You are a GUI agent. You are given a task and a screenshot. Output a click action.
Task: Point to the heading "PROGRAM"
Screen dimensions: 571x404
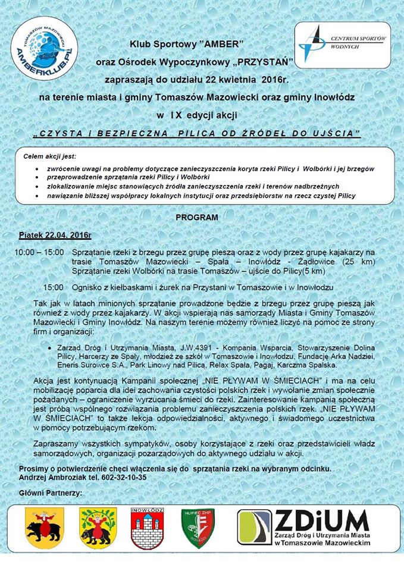[x=196, y=218]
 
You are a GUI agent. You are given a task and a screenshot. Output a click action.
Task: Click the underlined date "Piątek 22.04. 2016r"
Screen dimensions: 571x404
[x=54, y=236]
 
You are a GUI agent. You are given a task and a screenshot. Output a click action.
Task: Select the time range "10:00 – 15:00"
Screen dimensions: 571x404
[x=39, y=253]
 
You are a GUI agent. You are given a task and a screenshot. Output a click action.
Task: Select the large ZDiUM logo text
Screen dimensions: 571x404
[x=322, y=523]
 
